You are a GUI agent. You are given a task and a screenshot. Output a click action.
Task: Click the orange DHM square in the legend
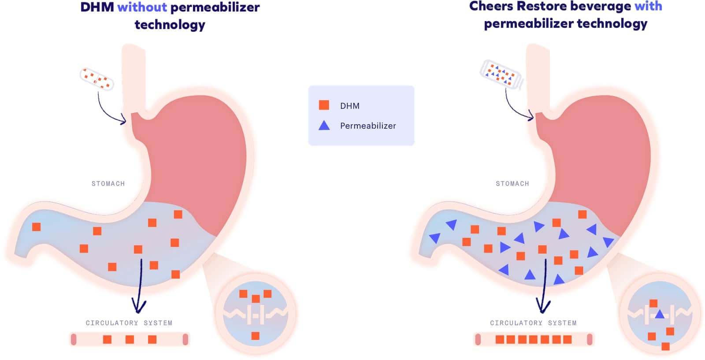point(324,105)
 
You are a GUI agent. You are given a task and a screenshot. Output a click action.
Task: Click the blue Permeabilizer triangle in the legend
point(324,126)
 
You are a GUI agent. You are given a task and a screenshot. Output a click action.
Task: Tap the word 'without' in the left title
point(142,7)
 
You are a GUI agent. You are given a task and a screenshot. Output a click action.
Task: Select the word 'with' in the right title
point(648,6)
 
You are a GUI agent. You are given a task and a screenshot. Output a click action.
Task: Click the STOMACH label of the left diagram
point(108,184)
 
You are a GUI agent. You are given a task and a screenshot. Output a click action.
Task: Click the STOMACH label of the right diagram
point(512,184)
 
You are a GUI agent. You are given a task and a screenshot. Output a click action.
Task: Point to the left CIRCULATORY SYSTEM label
point(129,323)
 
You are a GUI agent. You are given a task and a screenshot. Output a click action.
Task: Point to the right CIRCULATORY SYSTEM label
point(533,323)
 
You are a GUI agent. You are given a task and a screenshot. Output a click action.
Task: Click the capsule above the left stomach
point(96,79)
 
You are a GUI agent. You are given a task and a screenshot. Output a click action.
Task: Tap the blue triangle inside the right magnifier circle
point(659,315)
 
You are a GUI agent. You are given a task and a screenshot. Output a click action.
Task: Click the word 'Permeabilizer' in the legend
point(368,126)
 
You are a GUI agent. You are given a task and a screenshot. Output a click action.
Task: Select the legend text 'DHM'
point(350,106)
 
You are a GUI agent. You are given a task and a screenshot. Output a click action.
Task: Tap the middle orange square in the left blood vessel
point(130,339)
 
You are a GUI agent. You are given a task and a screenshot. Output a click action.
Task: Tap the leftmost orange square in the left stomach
point(37,226)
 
